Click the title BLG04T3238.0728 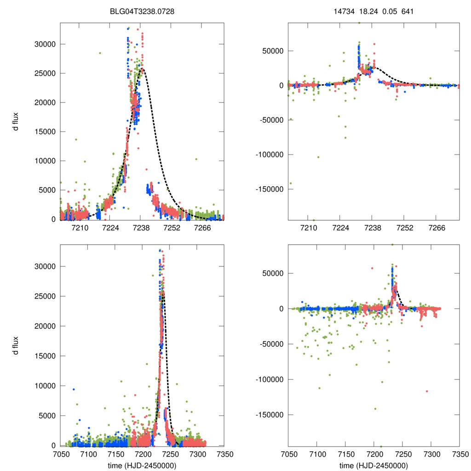click(x=142, y=11)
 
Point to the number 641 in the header click(x=407, y=11)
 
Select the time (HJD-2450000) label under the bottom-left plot click(x=142, y=465)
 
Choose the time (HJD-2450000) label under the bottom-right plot click(x=373, y=465)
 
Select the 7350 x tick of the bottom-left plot click(x=224, y=454)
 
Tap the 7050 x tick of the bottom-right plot click(x=288, y=454)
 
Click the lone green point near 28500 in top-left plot click(x=99, y=53)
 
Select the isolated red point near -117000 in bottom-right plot click(x=427, y=391)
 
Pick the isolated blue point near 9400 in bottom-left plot click(x=73, y=390)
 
